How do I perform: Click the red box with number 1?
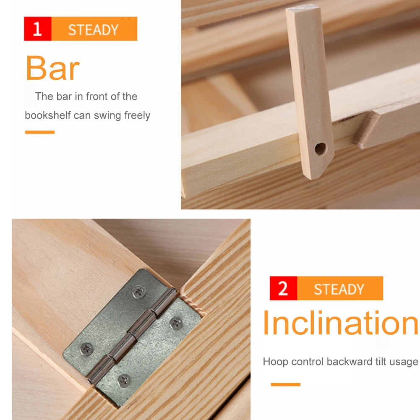[37, 29]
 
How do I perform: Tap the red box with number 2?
[283, 288]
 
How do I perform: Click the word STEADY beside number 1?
[93, 30]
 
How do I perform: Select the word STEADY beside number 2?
[339, 289]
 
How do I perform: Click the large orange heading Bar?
[52, 68]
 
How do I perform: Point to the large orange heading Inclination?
[340, 323]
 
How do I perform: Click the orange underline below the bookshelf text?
[40, 132]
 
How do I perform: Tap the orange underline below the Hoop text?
[285, 384]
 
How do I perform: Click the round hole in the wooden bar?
[320, 148]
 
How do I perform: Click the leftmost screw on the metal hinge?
[87, 347]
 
